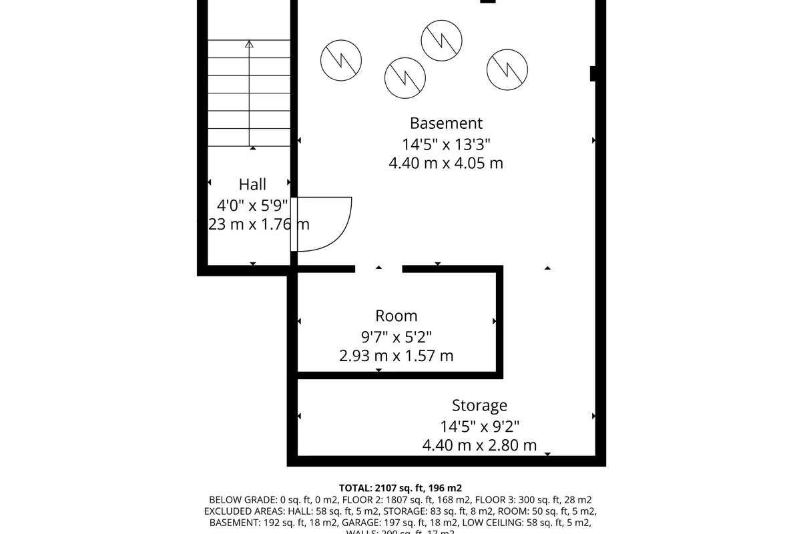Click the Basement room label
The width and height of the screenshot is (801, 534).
click(x=446, y=123)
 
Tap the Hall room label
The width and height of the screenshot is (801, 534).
click(x=252, y=184)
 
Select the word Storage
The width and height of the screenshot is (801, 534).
click(x=479, y=405)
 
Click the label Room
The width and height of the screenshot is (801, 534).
click(x=396, y=316)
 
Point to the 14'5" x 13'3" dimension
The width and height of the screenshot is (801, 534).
click(x=446, y=144)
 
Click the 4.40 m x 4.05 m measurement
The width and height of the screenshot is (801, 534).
click(x=446, y=163)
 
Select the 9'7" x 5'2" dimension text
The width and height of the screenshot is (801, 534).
click(x=396, y=336)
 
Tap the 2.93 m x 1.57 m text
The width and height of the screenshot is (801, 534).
click(x=396, y=356)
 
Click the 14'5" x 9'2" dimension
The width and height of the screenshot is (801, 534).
click(x=479, y=425)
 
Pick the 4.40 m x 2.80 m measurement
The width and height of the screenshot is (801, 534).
click(x=479, y=445)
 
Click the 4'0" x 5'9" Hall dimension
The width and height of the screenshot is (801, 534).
click(x=252, y=204)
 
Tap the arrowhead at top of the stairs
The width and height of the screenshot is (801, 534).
click(x=250, y=45)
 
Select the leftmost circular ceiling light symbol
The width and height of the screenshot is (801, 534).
click(x=341, y=60)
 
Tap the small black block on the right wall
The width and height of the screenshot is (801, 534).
click(x=593, y=73)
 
